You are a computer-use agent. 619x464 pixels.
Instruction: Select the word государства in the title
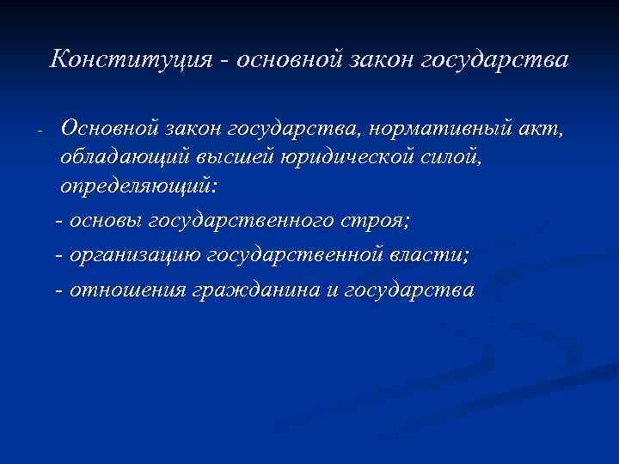(x=510, y=61)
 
